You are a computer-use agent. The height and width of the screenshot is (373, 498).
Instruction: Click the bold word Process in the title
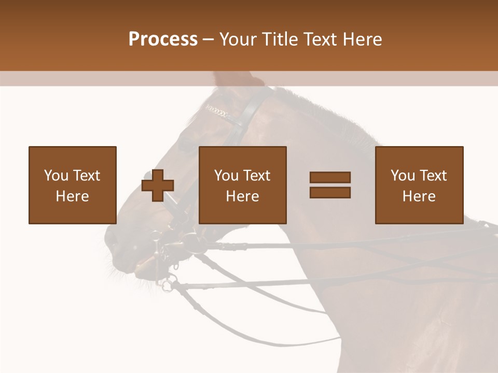tap(163, 39)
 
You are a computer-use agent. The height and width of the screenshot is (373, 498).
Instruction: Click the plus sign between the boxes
tap(158, 185)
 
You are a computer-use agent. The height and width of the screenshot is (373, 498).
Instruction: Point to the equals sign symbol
tap(330, 185)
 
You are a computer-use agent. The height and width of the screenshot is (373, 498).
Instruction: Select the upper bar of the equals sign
tap(330, 178)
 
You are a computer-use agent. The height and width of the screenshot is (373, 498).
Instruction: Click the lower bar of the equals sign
tap(330, 192)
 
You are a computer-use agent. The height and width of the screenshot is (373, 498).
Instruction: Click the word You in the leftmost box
tap(55, 176)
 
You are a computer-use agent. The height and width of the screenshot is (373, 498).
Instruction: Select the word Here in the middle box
tap(242, 196)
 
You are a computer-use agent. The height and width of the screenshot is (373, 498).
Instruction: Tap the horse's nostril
tap(112, 238)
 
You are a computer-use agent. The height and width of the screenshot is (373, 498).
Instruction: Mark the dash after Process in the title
tap(209, 39)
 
